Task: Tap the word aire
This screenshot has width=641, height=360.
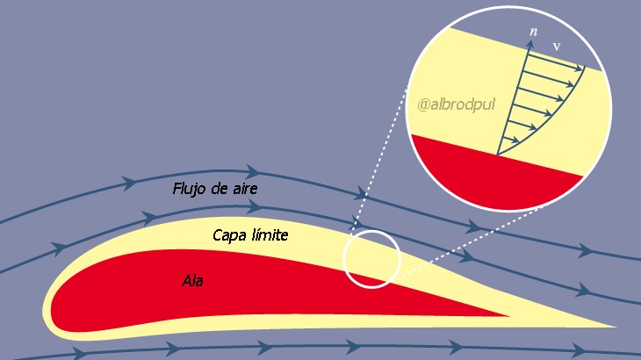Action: point(243,189)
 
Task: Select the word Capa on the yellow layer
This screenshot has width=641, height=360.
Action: point(227,236)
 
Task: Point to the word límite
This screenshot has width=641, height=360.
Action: point(267,234)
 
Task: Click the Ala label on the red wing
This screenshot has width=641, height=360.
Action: point(192,281)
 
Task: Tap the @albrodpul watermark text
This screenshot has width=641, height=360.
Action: point(457,104)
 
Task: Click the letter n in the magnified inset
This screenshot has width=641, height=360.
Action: point(533,32)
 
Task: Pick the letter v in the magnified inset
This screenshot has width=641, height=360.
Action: point(557,47)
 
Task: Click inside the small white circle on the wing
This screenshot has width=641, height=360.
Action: point(371,259)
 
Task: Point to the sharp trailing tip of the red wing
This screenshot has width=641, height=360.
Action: point(508,315)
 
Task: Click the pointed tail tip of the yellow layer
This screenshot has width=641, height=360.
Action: point(615,327)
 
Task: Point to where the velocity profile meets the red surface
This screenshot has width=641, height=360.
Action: point(497,155)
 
